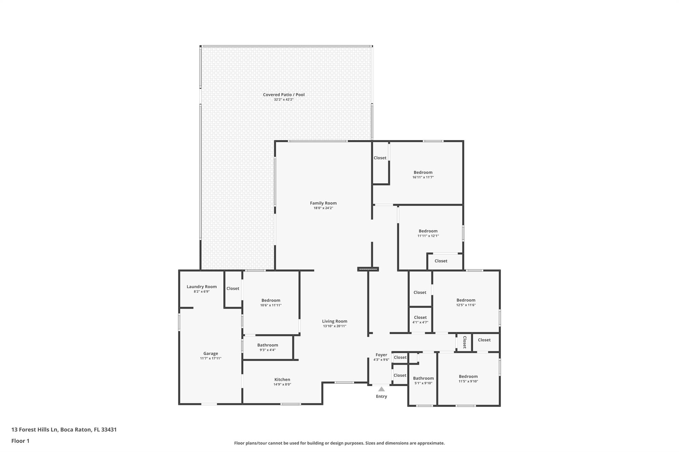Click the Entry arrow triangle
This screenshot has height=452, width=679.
pyautogui.click(x=381, y=389)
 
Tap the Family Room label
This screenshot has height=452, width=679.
pyautogui.click(x=323, y=203)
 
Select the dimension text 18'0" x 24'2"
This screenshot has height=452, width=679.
pyautogui.click(x=323, y=208)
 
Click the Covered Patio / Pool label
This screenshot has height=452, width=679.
pyautogui.click(x=284, y=95)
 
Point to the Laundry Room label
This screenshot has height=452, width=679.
pyautogui.click(x=202, y=287)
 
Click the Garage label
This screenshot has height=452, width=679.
pyautogui.click(x=211, y=354)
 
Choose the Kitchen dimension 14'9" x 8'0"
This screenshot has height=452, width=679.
pyautogui.click(x=282, y=384)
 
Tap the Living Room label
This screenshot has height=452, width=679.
pyautogui.click(x=335, y=321)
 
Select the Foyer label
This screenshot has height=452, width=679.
pyautogui.click(x=381, y=355)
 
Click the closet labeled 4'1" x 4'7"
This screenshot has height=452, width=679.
pyautogui.click(x=420, y=320)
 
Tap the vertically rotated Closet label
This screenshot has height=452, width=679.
pyautogui.click(x=464, y=342)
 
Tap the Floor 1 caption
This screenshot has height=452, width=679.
pyautogui.click(x=21, y=441)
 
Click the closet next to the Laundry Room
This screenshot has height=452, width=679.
pyautogui.click(x=233, y=289)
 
